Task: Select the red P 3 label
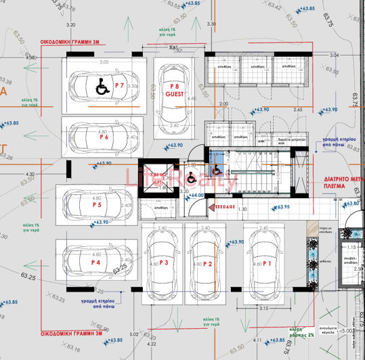point(163,263)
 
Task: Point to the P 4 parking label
point(95,262)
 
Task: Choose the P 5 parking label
point(96,204)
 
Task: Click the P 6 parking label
point(104,137)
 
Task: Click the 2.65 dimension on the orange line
point(297,109)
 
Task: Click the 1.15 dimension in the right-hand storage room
point(351,248)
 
